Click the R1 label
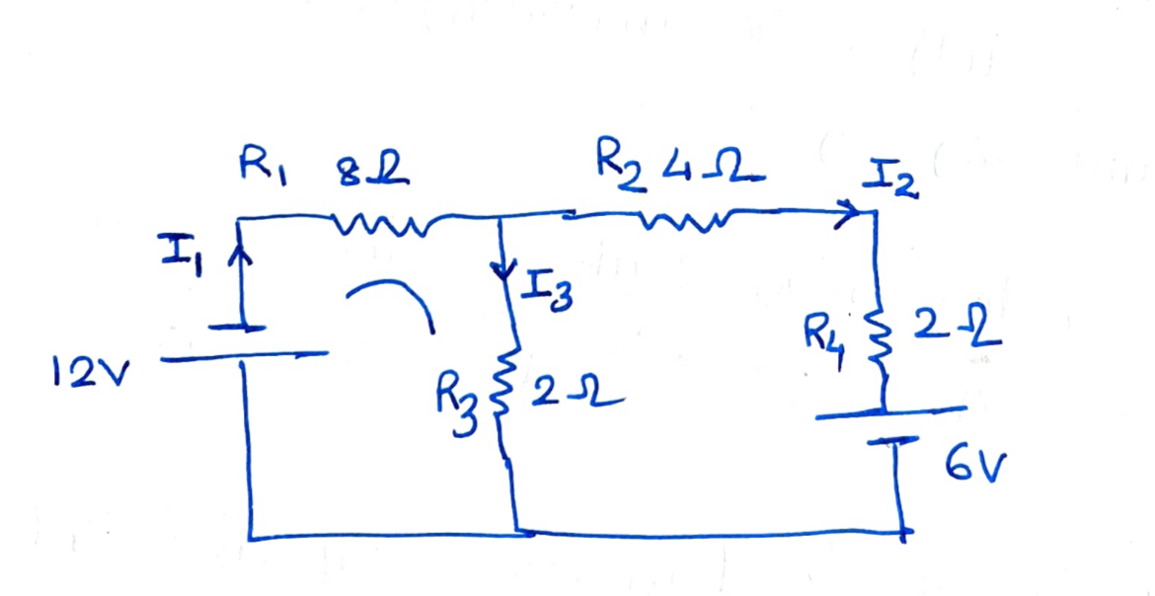263,169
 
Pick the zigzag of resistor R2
683,219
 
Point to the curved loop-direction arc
390,300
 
